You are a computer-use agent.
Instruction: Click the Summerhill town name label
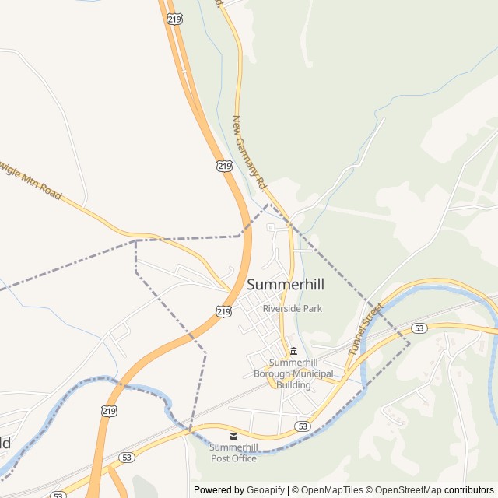click(x=286, y=285)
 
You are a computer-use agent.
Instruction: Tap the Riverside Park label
click(x=292, y=309)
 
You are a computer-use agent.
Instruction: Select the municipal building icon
click(x=293, y=351)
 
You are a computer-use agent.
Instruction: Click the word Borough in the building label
click(x=272, y=374)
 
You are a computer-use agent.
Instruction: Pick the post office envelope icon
click(x=233, y=436)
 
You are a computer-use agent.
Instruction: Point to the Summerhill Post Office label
click(x=233, y=453)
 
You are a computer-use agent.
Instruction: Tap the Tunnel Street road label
click(x=366, y=329)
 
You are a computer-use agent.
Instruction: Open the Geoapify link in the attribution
click(x=265, y=490)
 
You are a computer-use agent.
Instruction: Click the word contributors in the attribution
click(x=469, y=490)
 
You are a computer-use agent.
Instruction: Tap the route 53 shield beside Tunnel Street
click(x=419, y=328)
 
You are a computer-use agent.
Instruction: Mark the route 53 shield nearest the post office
click(x=303, y=426)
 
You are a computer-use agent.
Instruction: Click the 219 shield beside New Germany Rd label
click(x=224, y=166)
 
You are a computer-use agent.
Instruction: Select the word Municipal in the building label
click(x=313, y=374)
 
